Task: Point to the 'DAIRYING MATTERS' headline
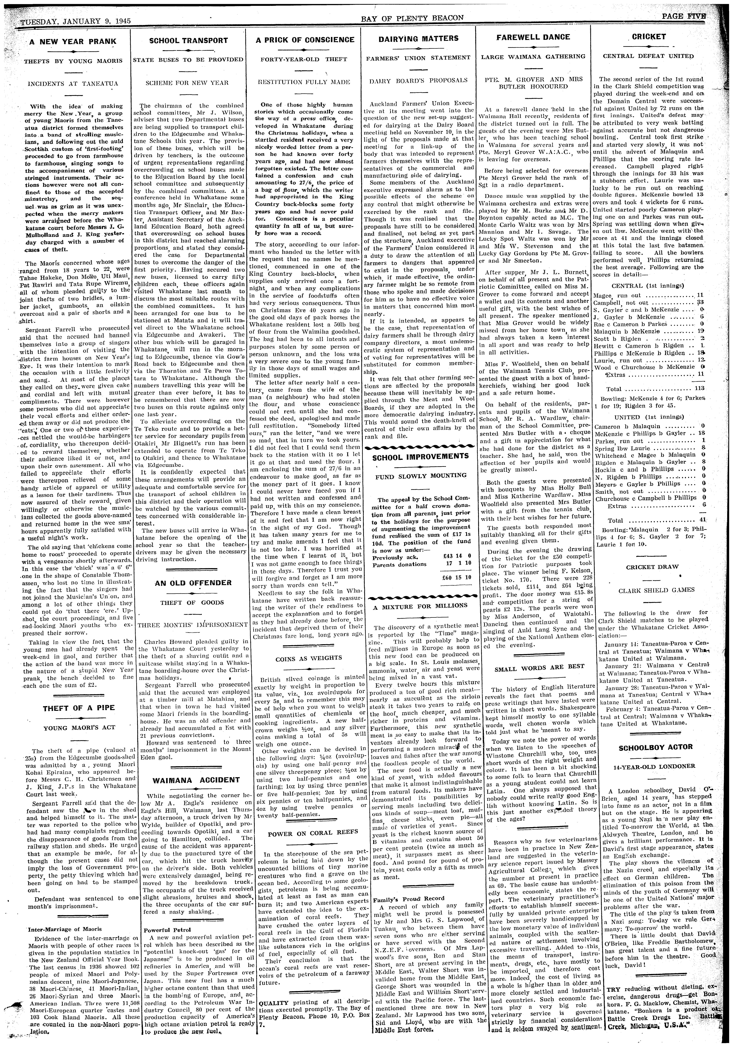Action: [x=419, y=39]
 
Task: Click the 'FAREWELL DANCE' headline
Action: [x=533, y=37]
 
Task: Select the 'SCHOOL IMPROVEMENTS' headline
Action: [x=420, y=456]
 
